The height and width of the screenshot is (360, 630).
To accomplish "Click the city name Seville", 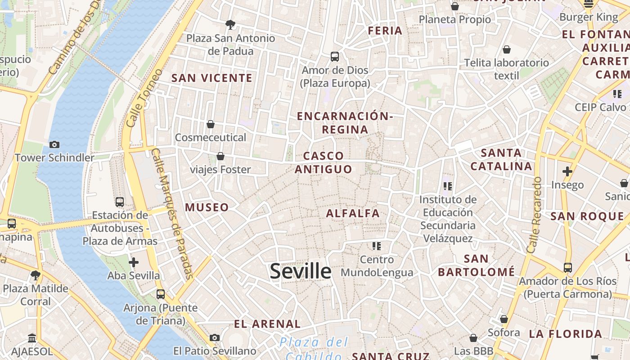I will [301, 271].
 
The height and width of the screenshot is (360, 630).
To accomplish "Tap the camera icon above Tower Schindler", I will [54, 144].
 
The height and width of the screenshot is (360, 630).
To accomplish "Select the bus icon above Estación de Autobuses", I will [120, 202].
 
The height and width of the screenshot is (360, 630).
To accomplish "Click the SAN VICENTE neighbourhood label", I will [212, 78].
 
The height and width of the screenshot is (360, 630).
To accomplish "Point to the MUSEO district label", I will [207, 207].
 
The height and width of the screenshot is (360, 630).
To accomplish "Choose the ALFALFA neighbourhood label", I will [353, 213].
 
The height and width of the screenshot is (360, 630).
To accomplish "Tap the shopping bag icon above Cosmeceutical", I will [210, 124].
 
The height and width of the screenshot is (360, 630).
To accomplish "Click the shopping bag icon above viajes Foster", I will [220, 156].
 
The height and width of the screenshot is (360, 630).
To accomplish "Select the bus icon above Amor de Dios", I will [335, 57].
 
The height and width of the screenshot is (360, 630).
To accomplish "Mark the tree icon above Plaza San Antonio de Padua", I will [230, 24].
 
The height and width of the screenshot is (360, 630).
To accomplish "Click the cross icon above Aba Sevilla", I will [134, 262].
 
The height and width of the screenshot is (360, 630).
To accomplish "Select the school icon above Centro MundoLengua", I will [377, 246].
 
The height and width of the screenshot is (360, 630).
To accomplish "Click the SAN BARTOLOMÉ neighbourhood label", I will [476, 265].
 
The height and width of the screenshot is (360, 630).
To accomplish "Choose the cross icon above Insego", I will [567, 171].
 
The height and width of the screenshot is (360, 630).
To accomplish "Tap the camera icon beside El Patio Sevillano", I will [215, 337].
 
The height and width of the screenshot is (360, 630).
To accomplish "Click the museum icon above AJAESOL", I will [32, 338].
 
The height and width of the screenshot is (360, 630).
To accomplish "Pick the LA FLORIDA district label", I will [565, 334].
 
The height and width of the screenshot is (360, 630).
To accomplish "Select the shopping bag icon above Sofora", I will [504, 319].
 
